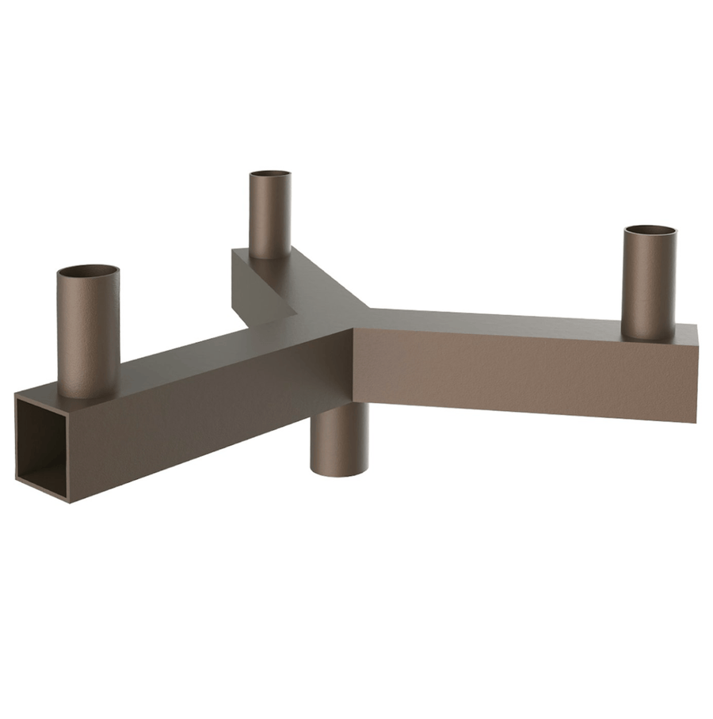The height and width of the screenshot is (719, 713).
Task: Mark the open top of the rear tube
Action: pos(269,174)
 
